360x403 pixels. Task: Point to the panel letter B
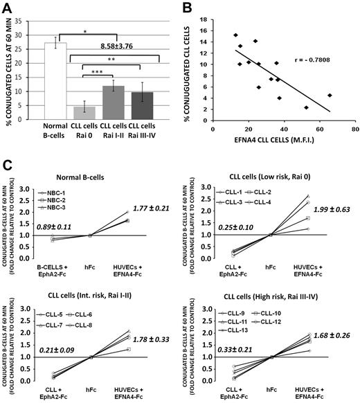click(x=188, y=8)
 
